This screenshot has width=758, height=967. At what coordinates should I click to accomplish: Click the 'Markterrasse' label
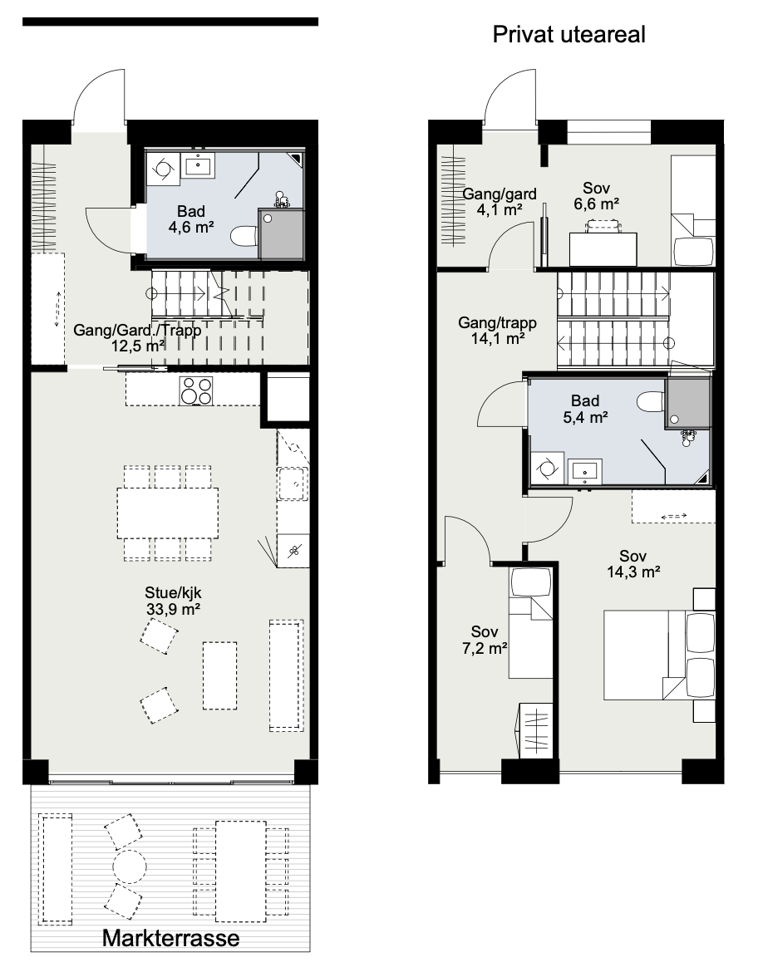170,939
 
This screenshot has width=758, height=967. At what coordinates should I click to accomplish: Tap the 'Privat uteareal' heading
568,34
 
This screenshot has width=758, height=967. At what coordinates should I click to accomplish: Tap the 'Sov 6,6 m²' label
596,197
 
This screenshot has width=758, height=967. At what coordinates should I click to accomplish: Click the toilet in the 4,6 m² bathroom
244,237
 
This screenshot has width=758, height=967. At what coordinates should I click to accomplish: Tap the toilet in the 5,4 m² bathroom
649,402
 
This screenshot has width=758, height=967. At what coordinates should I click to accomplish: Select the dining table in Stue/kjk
167,513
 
